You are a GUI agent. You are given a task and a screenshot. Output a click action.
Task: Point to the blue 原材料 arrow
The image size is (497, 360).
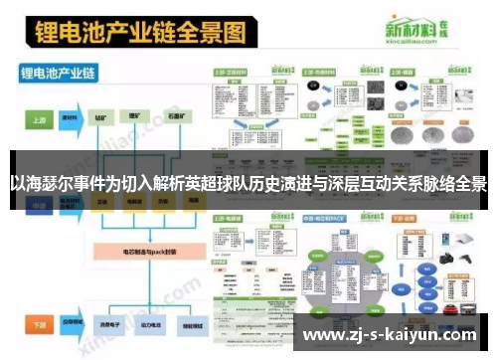[70, 117]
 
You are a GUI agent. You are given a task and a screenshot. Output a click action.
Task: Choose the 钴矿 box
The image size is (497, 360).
[102, 117]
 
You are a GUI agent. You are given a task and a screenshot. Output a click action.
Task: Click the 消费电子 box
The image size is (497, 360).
[102, 324]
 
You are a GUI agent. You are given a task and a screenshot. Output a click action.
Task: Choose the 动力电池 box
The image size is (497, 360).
[144, 324]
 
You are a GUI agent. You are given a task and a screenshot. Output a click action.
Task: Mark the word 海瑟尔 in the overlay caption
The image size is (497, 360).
[46, 183]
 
